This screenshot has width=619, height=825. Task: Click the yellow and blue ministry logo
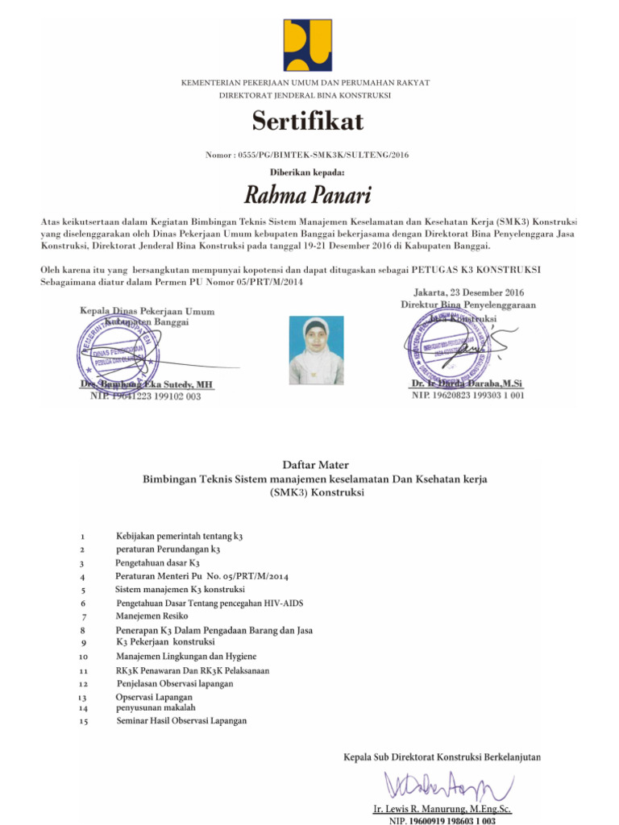point(306,45)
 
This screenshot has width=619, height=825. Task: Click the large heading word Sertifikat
point(308,121)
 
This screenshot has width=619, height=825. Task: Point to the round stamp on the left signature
point(118,350)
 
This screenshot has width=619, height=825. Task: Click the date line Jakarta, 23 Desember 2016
point(467,293)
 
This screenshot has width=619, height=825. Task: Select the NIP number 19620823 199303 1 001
point(468,396)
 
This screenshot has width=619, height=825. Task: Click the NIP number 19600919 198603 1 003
point(442,820)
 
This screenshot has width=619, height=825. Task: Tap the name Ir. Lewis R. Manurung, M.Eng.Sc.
point(442,808)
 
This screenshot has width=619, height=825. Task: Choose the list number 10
point(84,657)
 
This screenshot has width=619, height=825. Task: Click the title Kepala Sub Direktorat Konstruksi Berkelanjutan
point(442,757)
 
